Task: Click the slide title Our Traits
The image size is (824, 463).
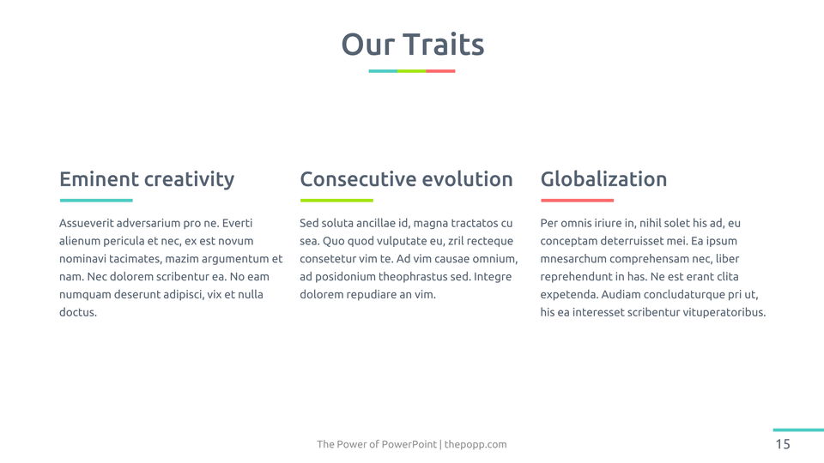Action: (x=413, y=44)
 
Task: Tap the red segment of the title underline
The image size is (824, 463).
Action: (x=440, y=71)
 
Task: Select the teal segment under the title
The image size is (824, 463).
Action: (x=383, y=71)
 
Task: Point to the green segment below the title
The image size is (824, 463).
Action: (x=411, y=71)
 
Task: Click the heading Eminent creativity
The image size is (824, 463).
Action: (x=147, y=179)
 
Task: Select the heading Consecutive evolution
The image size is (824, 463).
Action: (x=406, y=179)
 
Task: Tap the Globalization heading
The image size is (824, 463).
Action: (x=603, y=179)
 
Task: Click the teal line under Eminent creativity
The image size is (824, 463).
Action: (x=96, y=200)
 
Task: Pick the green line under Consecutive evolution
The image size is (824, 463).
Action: (x=336, y=200)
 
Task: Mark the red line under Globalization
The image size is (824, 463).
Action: (x=578, y=200)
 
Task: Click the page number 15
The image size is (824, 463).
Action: (x=783, y=444)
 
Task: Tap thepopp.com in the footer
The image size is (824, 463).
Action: (x=476, y=444)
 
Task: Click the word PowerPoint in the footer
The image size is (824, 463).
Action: (x=409, y=444)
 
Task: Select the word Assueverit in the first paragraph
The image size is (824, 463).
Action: (x=86, y=223)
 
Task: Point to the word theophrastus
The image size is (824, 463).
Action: (x=413, y=277)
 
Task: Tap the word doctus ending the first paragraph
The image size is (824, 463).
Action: (x=78, y=312)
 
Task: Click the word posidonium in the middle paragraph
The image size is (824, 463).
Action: (x=345, y=277)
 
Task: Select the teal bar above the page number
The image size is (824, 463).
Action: (x=798, y=430)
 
